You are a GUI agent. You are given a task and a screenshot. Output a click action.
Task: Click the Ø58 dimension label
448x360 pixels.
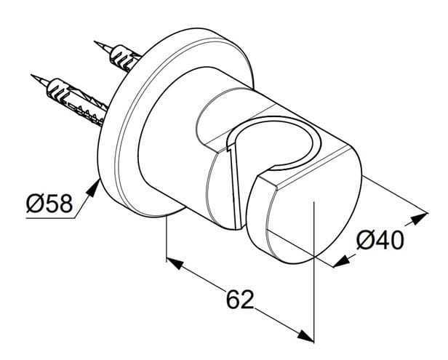click(49, 203)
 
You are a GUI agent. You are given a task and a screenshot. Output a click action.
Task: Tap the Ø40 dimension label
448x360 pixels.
click(380, 240)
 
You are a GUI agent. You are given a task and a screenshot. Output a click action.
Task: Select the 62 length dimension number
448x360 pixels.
click(240, 300)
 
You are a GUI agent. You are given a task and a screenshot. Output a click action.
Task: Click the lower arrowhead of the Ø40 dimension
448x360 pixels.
click(342, 261)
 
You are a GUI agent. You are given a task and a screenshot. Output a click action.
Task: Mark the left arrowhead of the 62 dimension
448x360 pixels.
click(175, 263)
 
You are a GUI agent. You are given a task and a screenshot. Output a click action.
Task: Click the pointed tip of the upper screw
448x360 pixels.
click(95, 42)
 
